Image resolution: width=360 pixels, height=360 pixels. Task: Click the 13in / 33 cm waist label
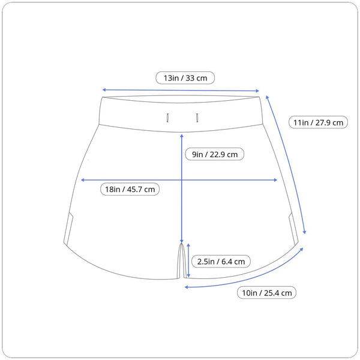(185, 78)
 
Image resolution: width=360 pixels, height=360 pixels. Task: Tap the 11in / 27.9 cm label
(318, 122)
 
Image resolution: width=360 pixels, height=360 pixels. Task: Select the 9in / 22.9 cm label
(215, 154)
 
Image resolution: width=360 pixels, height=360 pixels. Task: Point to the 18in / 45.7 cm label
(130, 189)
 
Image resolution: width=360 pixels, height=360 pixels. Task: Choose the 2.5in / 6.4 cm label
(221, 261)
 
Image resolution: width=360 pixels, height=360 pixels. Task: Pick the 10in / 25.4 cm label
(267, 293)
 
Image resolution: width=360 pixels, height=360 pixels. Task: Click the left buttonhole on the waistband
(167, 118)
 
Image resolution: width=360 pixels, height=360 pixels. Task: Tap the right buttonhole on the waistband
(197, 118)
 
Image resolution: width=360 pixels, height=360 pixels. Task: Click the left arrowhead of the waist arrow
(104, 90)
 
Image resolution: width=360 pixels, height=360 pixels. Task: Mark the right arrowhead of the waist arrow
(257, 91)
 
